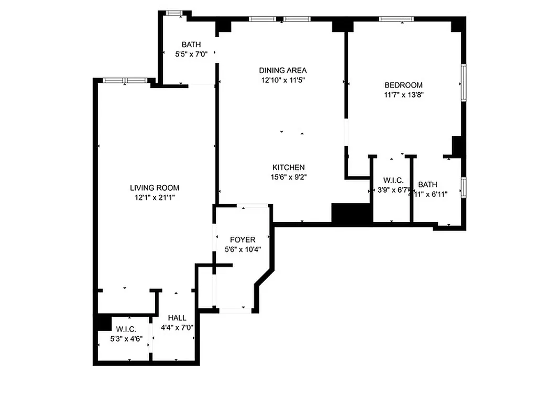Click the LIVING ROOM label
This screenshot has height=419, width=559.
[155, 188]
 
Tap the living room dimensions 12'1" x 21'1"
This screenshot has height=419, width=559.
[155, 197]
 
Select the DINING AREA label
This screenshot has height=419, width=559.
[283, 70]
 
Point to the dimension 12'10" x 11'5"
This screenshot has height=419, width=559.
[283, 80]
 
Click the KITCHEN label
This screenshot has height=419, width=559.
[285, 167]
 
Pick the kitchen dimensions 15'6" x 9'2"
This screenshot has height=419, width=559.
[285, 177]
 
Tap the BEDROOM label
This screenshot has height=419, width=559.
[403, 85]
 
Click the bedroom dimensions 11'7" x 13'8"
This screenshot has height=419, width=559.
[403, 95]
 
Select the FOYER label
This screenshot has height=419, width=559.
[243, 240]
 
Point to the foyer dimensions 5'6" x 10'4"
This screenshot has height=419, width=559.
[243, 249]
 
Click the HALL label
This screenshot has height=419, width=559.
[177, 318]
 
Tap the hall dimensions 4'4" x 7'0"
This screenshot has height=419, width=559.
[177, 328]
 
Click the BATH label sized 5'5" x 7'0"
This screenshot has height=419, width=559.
[191, 45]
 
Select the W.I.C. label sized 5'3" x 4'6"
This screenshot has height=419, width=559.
[126, 329]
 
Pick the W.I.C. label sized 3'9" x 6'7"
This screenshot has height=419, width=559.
[393, 180]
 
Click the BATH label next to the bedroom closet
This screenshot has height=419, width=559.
[428, 184]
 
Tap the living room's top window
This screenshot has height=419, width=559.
[124, 80]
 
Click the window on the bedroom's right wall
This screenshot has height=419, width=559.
[463, 82]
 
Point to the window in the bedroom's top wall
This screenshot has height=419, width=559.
[396, 19]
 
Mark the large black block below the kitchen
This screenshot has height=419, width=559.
[352, 214]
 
